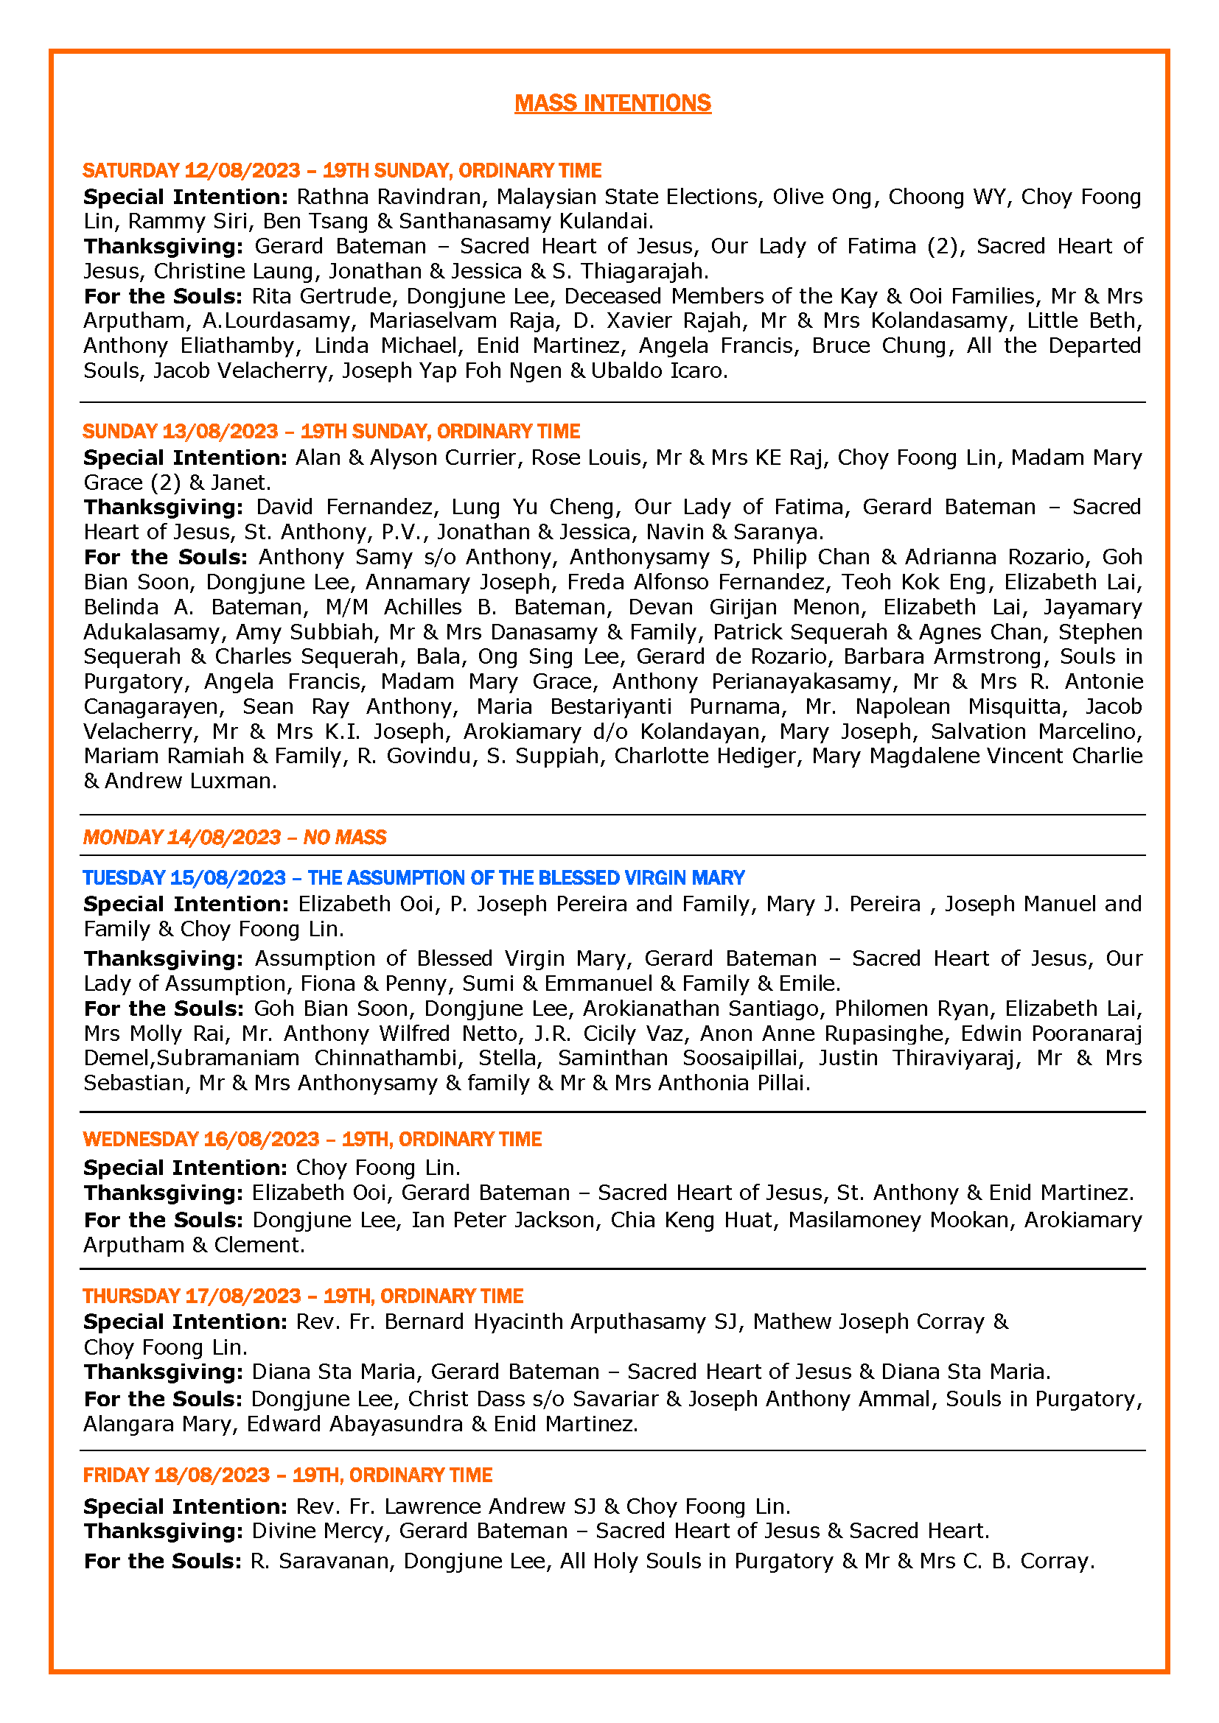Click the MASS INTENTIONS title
tap(612, 103)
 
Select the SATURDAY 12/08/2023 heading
tap(341, 170)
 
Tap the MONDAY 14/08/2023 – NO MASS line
tap(234, 837)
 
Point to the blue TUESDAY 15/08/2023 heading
tap(413, 877)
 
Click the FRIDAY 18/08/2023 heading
tap(287, 1475)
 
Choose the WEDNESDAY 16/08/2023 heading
tap(312, 1138)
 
